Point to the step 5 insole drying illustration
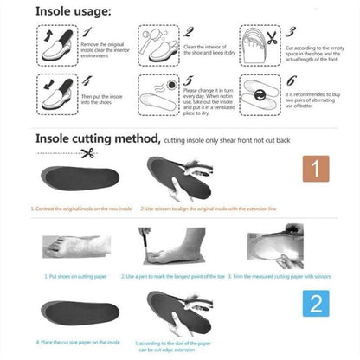click(160, 93)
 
